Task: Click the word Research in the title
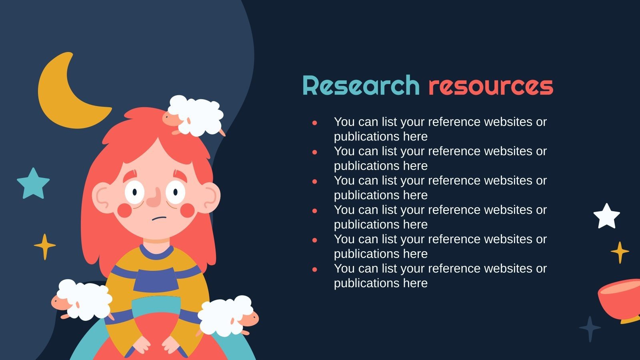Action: [x=361, y=86]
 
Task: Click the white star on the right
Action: [x=606, y=216]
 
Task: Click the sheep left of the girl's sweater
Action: [x=83, y=300]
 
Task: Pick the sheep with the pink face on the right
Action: [x=228, y=316]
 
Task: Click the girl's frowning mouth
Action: [x=159, y=218]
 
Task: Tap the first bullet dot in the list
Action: [x=315, y=123]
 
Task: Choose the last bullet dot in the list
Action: [x=315, y=270]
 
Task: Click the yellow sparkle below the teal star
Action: [x=44, y=246]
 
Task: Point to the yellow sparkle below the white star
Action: [x=620, y=252]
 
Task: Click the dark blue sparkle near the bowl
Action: [x=590, y=328]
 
